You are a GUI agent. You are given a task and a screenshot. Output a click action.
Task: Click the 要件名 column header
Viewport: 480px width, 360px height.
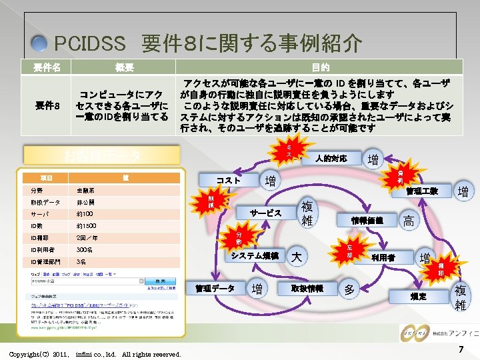47,67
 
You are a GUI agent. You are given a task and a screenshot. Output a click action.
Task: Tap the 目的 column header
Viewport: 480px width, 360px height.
320,67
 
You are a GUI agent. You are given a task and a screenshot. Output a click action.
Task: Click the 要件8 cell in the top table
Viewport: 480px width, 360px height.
47,105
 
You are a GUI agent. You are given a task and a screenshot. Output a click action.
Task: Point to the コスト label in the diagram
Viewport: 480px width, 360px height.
228,181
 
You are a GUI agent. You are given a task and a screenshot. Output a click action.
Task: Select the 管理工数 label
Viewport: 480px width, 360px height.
423,191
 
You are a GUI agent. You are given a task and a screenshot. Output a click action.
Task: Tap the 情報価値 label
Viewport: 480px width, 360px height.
367,220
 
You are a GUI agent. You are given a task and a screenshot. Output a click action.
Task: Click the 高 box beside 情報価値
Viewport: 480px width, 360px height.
409,221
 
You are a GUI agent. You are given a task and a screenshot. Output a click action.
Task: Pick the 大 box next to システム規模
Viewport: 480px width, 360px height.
297,257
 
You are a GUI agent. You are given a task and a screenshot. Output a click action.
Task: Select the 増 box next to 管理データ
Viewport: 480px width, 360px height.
256,289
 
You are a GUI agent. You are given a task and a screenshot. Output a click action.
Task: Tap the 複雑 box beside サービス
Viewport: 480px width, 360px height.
307,213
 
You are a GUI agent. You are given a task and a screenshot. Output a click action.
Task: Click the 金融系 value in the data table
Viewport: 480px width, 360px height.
85,190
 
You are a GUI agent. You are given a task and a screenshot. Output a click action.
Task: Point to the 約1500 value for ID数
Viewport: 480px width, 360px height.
86,226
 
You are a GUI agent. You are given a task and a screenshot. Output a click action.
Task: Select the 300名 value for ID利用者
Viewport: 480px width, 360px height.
85,250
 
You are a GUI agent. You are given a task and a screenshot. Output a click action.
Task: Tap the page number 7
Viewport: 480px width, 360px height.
461,350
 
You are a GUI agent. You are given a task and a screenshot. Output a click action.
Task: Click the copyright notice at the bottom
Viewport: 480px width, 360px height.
95,354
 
